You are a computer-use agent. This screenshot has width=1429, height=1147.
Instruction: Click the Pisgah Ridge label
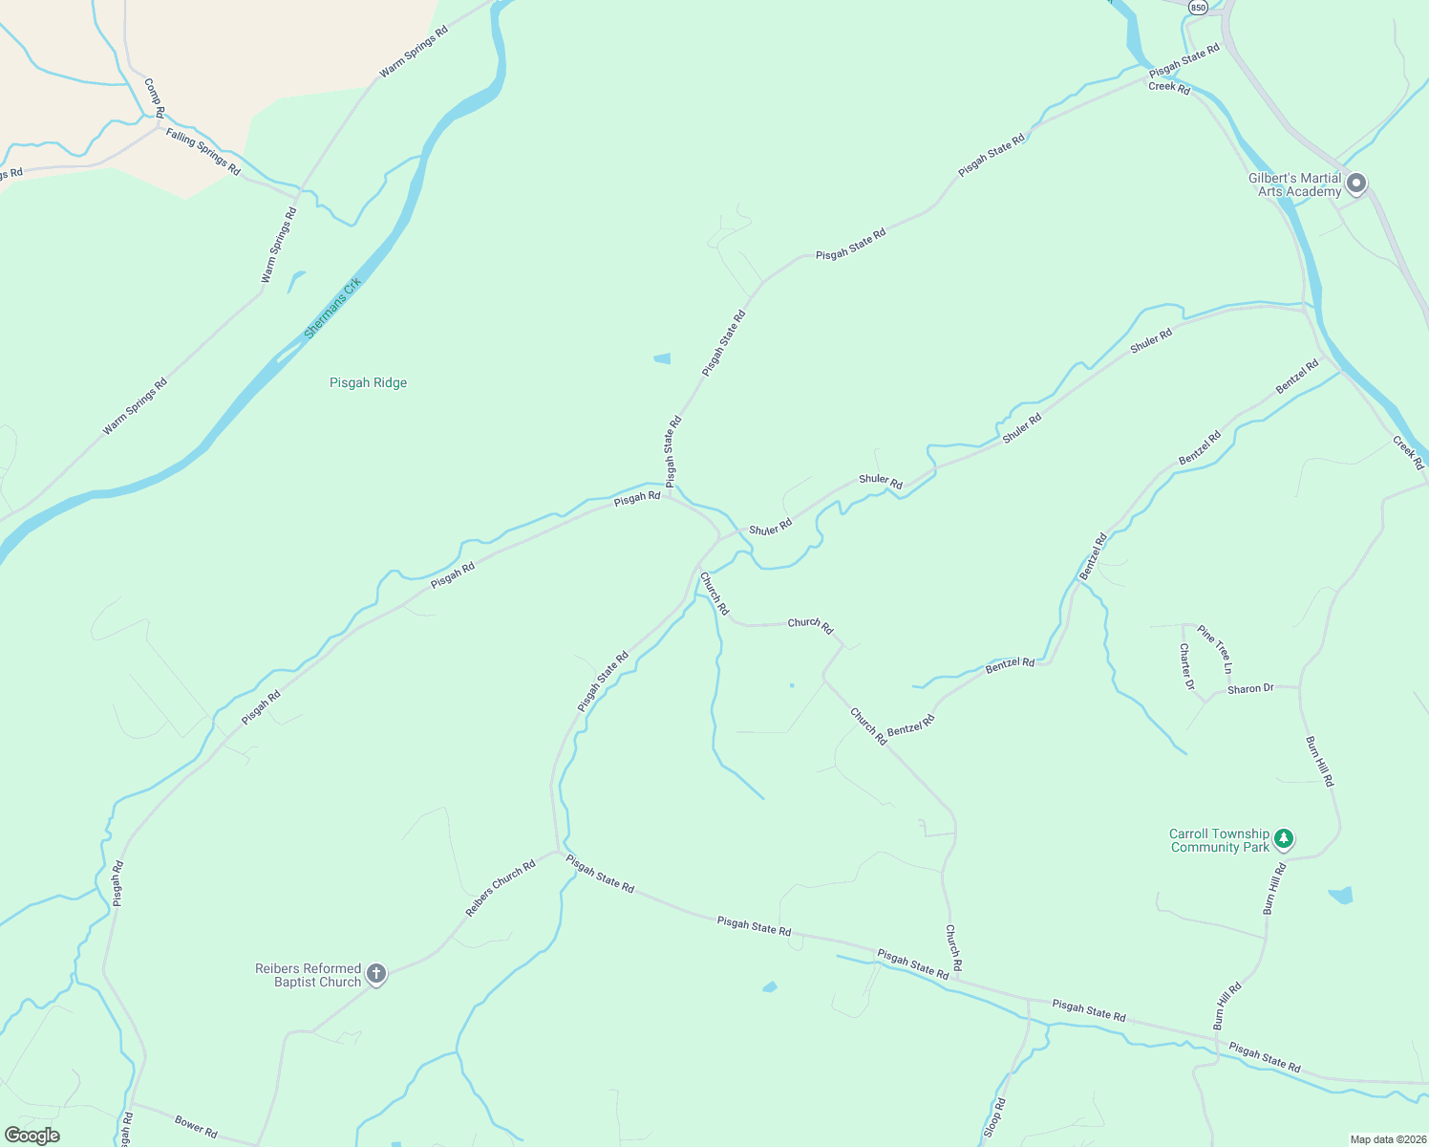[368, 382]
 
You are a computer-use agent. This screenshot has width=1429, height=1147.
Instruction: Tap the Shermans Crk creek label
[332, 309]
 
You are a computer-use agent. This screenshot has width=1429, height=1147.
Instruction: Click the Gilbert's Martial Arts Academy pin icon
[1356, 184]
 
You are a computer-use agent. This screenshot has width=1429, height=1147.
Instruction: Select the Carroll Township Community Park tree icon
[1285, 839]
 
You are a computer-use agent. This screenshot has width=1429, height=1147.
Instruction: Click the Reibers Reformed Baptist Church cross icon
[376, 974]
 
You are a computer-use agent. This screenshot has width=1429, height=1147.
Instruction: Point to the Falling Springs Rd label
[203, 151]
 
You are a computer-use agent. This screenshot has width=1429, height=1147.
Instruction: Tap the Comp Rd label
[154, 98]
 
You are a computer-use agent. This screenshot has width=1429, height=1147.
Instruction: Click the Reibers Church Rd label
[501, 888]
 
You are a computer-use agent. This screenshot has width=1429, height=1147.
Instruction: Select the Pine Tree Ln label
[1215, 649]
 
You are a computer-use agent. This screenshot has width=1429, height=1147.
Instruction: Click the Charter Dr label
[1186, 666]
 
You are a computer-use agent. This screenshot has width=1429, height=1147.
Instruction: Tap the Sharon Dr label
[1250, 689]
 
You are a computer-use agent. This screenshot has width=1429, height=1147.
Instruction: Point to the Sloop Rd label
[994, 1117]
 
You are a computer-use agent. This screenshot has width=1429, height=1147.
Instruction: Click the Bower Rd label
[196, 1127]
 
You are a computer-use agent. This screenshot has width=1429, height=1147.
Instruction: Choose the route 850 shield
[1198, 7]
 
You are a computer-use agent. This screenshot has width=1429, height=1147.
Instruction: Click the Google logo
[32, 1136]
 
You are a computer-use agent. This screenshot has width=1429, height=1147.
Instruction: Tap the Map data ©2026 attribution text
[1387, 1139]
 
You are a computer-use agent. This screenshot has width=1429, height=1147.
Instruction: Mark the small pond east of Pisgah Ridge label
[662, 358]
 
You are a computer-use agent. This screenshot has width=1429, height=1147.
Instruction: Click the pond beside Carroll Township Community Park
[1341, 896]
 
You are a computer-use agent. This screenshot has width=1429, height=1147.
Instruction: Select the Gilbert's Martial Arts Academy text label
[1294, 184]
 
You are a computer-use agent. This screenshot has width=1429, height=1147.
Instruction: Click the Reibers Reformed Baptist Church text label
[308, 975]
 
